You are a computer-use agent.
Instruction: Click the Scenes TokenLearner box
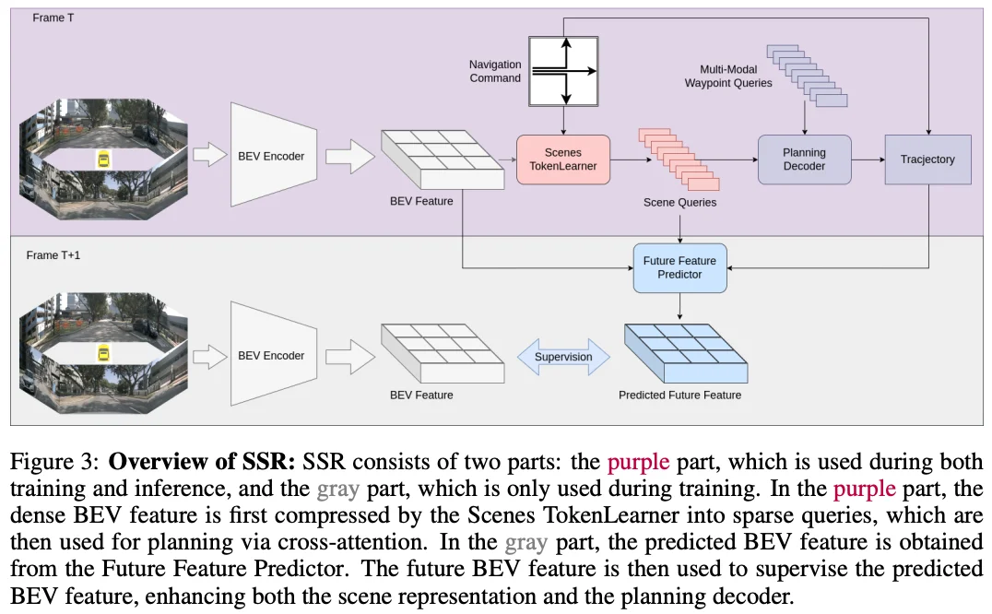coord(562,159)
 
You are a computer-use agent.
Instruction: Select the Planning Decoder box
coord(804,159)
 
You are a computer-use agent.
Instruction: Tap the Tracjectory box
coord(927,159)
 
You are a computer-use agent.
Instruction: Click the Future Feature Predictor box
coord(679,267)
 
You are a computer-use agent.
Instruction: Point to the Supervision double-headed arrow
coord(561,356)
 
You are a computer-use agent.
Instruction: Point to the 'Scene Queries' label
coord(679,202)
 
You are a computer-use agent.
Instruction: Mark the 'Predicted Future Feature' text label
coord(679,396)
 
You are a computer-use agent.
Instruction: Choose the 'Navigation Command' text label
coord(494,71)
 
